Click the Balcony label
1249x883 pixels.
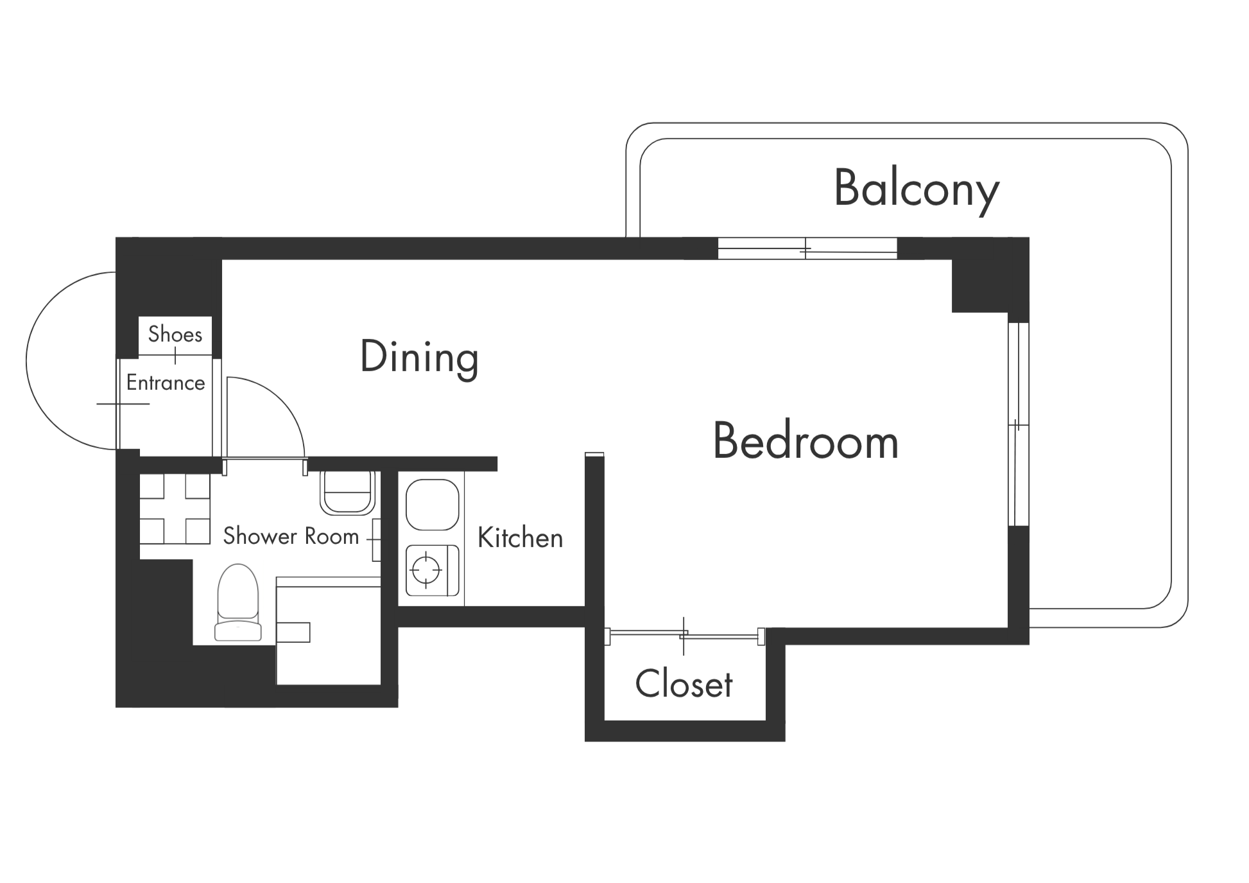(x=917, y=189)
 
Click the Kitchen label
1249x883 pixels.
(x=520, y=538)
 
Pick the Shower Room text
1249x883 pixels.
(x=291, y=536)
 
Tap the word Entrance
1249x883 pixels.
(x=166, y=383)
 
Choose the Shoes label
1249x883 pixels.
(x=175, y=334)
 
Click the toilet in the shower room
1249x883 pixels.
(x=238, y=602)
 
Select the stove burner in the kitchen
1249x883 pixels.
(x=427, y=569)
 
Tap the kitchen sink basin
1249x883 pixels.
(x=433, y=505)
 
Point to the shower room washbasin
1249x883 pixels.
(x=347, y=493)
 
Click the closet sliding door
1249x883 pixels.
(x=684, y=636)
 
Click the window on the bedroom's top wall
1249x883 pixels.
(x=807, y=249)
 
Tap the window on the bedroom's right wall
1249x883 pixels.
(x=1019, y=424)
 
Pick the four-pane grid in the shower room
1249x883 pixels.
(x=175, y=509)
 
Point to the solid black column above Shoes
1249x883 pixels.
(x=168, y=277)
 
